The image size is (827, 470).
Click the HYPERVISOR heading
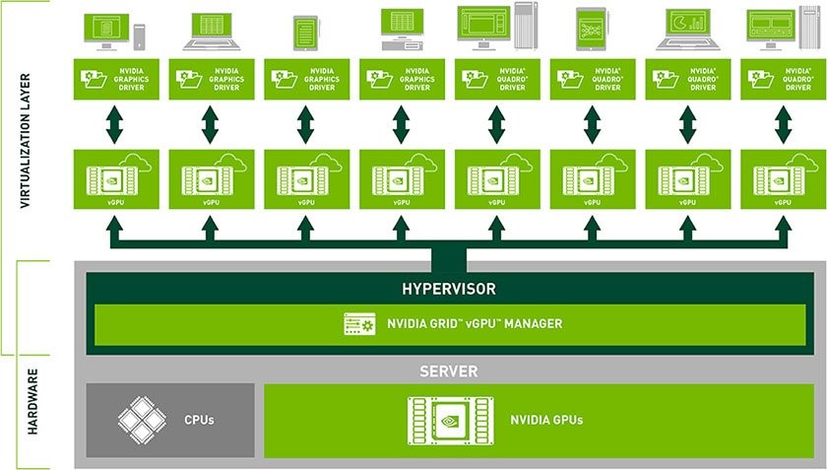coord(448,289)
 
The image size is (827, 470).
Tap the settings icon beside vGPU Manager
coord(359,323)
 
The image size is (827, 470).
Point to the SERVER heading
coord(448,371)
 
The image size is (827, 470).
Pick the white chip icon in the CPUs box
coord(141,419)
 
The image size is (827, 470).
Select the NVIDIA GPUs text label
coord(546,420)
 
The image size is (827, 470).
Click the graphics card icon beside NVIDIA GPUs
coord(449,419)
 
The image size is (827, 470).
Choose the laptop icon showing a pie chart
coord(688,30)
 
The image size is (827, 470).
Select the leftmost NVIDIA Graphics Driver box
coord(115,79)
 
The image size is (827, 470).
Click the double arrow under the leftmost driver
coord(115,124)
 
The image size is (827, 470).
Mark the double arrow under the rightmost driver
coord(784,124)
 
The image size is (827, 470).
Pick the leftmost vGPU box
coord(115,178)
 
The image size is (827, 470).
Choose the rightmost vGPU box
coord(784,178)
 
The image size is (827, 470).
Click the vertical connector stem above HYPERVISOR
coord(448,257)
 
